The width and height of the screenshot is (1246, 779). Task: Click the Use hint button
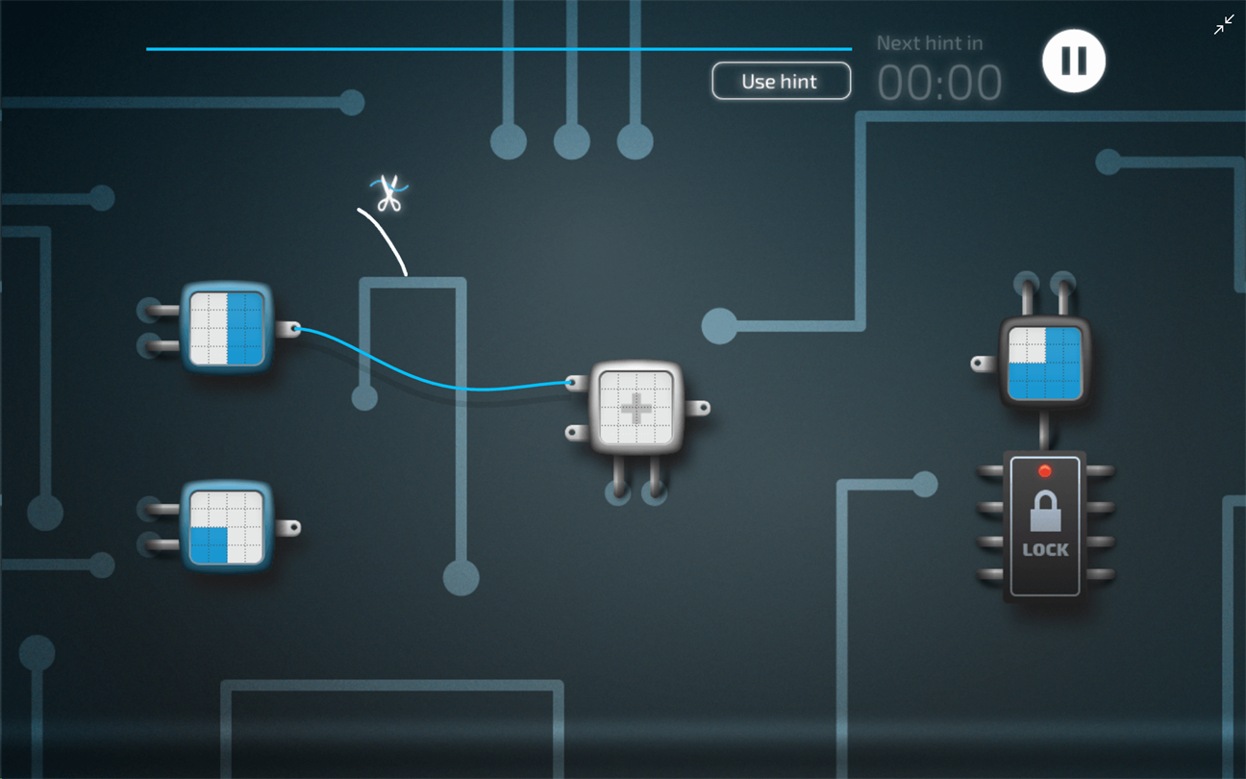click(781, 81)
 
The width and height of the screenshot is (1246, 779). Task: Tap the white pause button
click(1074, 60)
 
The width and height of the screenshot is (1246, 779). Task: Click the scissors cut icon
click(389, 193)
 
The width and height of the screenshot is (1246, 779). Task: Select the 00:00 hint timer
click(939, 83)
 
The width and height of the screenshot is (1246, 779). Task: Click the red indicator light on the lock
click(1045, 471)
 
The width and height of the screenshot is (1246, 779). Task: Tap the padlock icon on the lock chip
click(1045, 511)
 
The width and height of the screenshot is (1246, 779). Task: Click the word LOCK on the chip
click(1045, 550)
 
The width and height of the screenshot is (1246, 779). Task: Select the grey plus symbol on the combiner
click(635, 409)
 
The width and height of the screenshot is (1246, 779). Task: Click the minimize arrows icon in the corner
click(1224, 25)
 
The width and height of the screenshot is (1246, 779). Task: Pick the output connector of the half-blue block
click(288, 330)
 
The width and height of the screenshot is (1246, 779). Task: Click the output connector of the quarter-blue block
click(288, 527)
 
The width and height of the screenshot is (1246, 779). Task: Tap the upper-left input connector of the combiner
click(578, 384)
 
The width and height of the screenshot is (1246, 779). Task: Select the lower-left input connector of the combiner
click(578, 433)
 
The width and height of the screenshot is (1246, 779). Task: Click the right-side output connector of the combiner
click(698, 409)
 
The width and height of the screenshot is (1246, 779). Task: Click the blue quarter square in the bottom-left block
click(209, 545)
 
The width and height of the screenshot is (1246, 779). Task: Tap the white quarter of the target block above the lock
click(1027, 345)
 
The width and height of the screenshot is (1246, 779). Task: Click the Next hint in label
click(930, 43)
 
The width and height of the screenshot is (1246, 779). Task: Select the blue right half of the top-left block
click(245, 329)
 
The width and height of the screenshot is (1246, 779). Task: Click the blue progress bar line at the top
click(499, 49)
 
